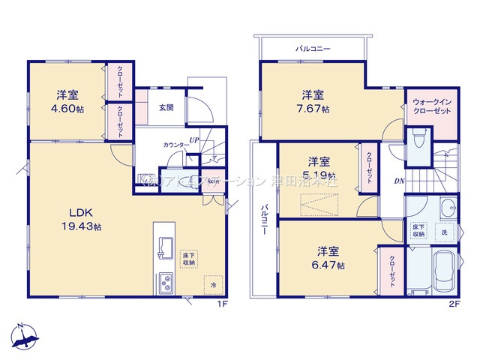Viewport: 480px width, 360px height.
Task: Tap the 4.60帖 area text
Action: point(67,108)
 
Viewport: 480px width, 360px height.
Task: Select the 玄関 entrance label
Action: point(166,107)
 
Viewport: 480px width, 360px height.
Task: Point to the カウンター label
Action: point(175,144)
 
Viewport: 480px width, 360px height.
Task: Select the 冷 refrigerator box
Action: point(213,286)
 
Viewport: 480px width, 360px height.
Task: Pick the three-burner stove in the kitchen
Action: point(166,283)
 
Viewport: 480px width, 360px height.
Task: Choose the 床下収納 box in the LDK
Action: point(188,259)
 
